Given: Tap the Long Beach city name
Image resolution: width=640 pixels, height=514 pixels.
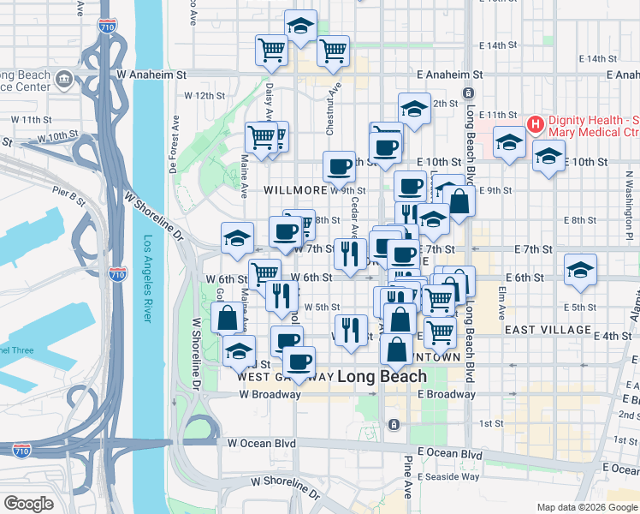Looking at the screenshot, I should pos(382,376).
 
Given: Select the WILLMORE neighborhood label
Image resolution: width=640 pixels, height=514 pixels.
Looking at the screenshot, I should pos(295,189).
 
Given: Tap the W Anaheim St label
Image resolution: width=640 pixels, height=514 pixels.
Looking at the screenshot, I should pos(151,75).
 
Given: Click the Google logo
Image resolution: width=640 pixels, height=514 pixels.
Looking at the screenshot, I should pos(28,504).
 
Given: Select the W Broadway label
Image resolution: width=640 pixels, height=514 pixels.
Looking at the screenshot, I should pos(270,395).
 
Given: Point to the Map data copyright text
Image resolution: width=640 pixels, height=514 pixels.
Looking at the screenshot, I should pos(587,507).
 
